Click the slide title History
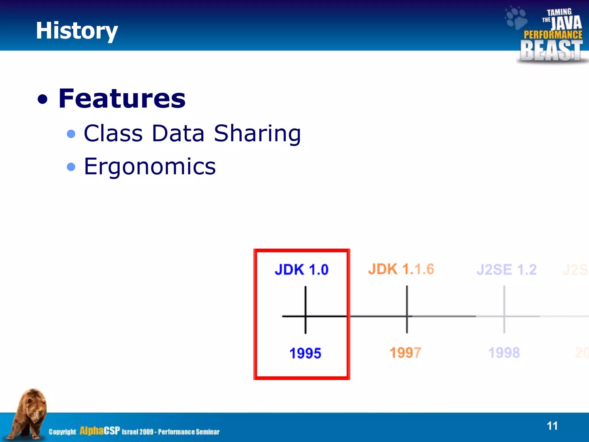tap(77, 31)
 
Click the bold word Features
tap(122, 99)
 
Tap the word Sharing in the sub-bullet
tap(257, 134)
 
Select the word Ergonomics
tap(150, 167)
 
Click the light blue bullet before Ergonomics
tap(71, 167)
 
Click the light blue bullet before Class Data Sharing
tap(71, 134)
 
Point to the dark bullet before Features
tap(43, 100)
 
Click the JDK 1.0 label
tap(301, 270)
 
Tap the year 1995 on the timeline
tap(305, 353)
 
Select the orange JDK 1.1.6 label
tap(401, 269)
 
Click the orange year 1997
tap(406, 353)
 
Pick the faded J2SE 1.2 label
tap(506, 270)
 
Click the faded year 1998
tap(504, 353)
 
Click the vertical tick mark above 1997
tap(407, 299)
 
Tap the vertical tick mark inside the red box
tap(305, 299)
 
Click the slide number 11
tap(552, 426)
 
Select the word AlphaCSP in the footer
tap(100, 431)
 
